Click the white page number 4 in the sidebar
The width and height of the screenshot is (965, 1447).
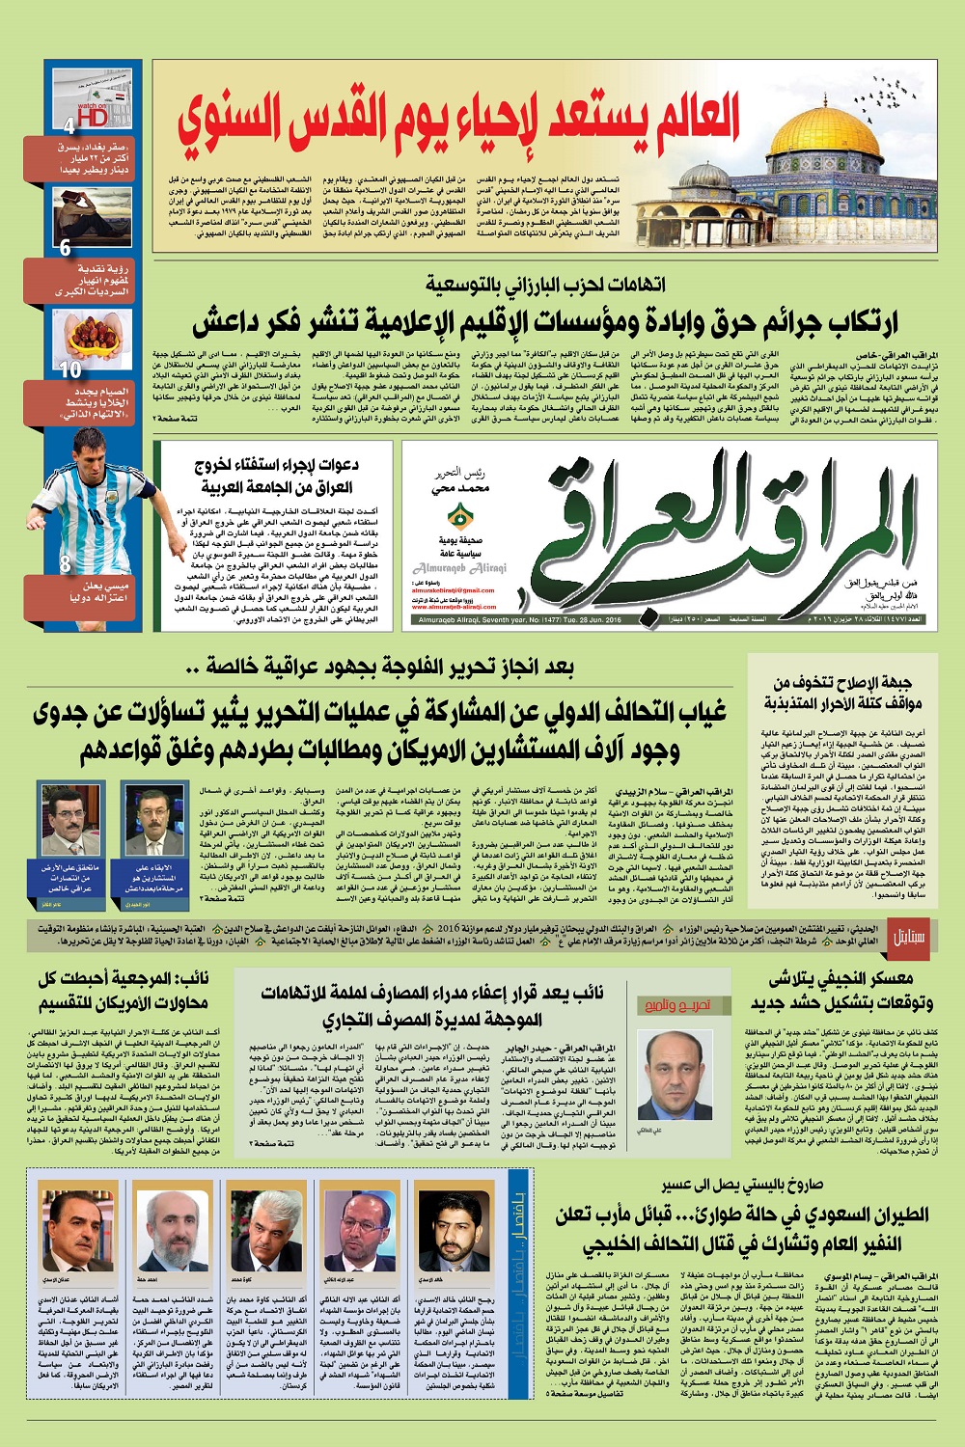click(x=69, y=125)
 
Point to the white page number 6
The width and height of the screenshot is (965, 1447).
click(x=65, y=248)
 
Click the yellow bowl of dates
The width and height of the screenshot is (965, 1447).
click(x=92, y=338)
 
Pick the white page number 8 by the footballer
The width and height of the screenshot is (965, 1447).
click(x=65, y=564)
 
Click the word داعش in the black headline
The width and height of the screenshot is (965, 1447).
click(x=232, y=321)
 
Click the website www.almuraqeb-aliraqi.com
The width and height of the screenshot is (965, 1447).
click(x=454, y=607)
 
